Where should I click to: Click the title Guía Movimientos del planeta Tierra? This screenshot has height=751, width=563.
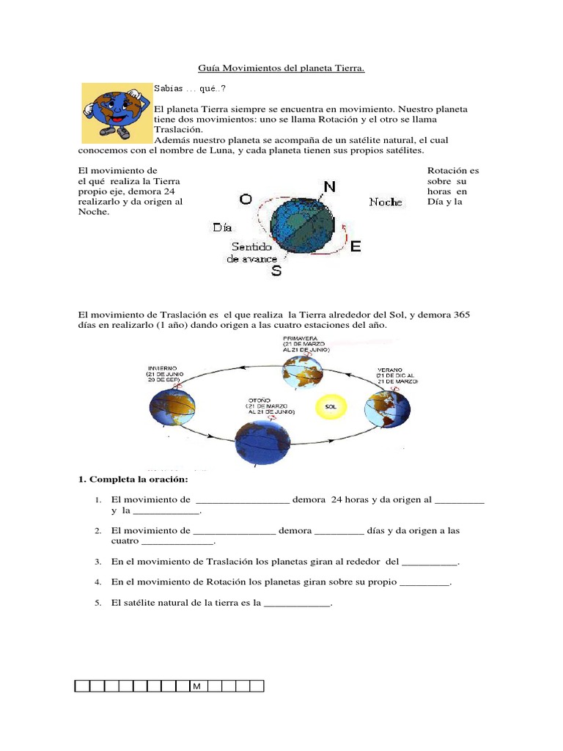(281, 68)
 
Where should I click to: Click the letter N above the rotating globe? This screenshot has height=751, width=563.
(329, 186)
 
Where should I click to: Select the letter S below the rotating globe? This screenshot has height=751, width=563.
(276, 271)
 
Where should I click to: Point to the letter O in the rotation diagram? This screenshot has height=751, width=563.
(246, 199)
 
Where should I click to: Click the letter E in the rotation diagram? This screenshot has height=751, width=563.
(356, 247)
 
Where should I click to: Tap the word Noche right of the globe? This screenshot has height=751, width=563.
(386, 202)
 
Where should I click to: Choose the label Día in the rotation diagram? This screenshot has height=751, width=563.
(223, 227)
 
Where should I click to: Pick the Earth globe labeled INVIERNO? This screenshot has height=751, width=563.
(172, 408)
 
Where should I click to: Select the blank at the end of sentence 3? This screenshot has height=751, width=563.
(430, 562)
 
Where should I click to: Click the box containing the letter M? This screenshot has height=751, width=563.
(197, 686)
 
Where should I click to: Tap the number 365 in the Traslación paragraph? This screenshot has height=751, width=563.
(462, 315)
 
